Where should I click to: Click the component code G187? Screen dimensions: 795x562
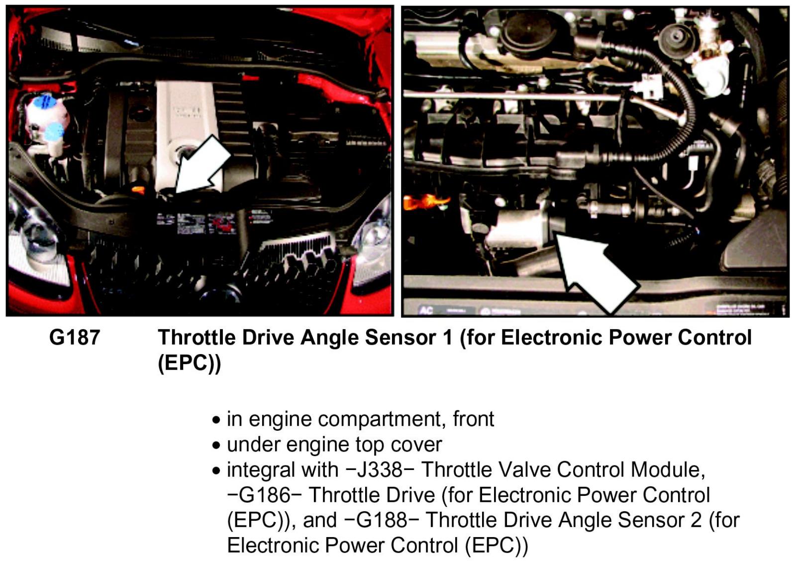[75, 337]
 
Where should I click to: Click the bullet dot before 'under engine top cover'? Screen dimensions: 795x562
[216, 446]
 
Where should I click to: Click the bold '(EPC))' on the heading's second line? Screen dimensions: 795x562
[190, 363]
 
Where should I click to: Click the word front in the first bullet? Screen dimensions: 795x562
[473, 419]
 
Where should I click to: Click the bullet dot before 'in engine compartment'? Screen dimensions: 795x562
[216, 420]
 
